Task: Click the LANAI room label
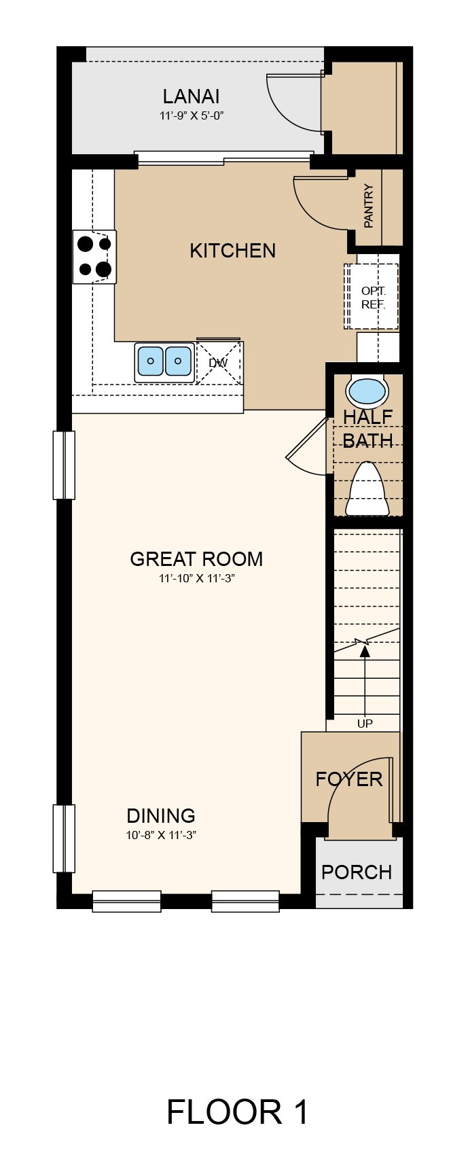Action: (191, 96)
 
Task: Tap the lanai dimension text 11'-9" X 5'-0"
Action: (192, 116)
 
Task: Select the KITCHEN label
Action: (232, 251)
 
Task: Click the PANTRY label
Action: (368, 206)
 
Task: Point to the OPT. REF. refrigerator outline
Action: (372, 298)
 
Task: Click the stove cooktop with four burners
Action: (94, 257)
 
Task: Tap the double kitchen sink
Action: (164, 361)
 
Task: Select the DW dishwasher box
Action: (219, 363)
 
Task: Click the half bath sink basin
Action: (367, 391)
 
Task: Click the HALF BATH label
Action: (367, 429)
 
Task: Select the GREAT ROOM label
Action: (196, 559)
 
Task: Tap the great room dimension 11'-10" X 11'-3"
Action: (196, 578)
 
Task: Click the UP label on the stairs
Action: (365, 724)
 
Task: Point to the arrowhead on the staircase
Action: (365, 650)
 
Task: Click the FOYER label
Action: (349, 779)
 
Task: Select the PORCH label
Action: (357, 872)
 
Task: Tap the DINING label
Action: (161, 816)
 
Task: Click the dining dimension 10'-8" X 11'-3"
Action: (161, 835)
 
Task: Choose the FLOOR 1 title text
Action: (237, 1112)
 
